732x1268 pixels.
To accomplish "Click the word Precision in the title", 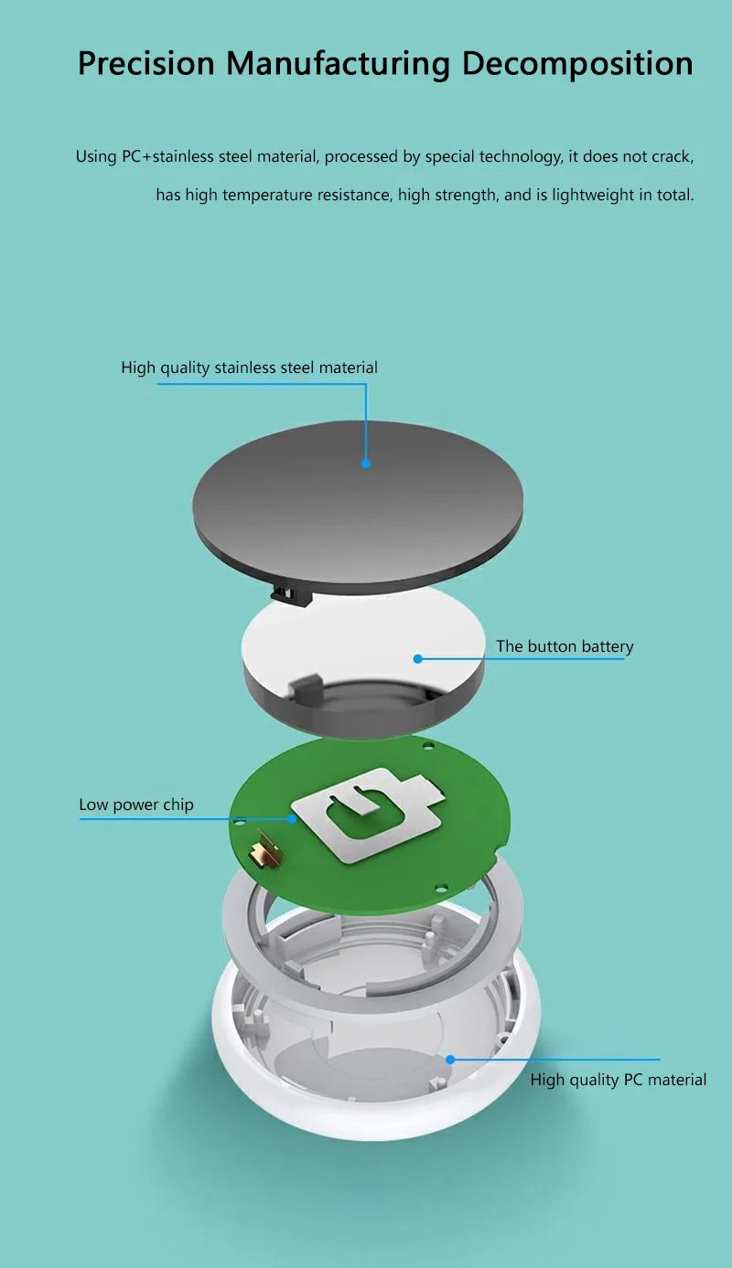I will point(145,63).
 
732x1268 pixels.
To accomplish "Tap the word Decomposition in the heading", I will point(576,63).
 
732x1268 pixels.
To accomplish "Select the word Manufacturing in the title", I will point(338,63).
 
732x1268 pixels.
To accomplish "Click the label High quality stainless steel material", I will point(249,368).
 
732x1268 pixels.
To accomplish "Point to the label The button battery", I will point(565,646).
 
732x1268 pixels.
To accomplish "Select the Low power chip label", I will point(136,804).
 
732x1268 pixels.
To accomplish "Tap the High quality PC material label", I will point(618,1080).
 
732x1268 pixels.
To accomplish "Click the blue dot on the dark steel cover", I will point(366,464).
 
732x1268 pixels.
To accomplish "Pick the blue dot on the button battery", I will point(417,658).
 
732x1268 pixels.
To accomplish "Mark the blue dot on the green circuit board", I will point(292,819).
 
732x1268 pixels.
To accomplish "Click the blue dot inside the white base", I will point(450,1060).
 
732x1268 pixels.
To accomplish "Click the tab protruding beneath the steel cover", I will point(292,595).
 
